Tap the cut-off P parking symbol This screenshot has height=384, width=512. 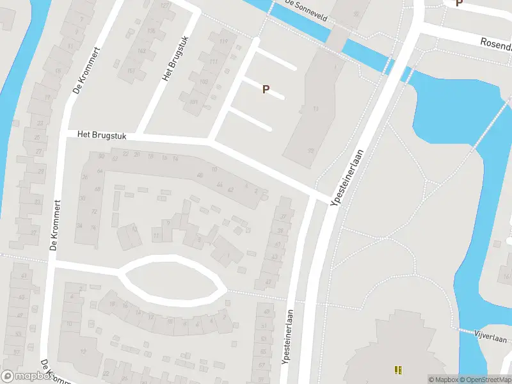click(458, 3)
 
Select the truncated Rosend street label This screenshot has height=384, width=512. click(496, 45)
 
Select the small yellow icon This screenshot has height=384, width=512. click(398, 370)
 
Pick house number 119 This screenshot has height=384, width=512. click(223, 42)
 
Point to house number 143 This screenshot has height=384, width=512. click(131, 51)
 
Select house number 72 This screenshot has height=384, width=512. click(94, 211)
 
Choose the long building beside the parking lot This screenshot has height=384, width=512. click(310, 109)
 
